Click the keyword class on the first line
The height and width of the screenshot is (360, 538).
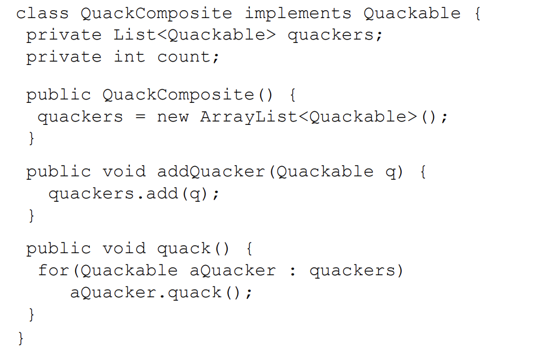tap(42, 14)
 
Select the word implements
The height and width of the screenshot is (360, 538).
tap(297, 14)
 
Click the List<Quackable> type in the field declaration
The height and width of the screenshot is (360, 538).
tap(194, 35)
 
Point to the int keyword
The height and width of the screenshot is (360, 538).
tap(129, 57)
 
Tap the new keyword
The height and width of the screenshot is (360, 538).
tap(172, 117)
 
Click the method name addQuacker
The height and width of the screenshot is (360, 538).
tap(210, 172)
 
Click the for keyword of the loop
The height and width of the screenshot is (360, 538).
tap(54, 270)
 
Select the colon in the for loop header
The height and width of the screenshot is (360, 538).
tap(292, 271)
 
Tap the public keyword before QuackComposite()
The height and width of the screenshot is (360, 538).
tap(58, 95)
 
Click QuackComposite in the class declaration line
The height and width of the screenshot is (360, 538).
tap(156, 14)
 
